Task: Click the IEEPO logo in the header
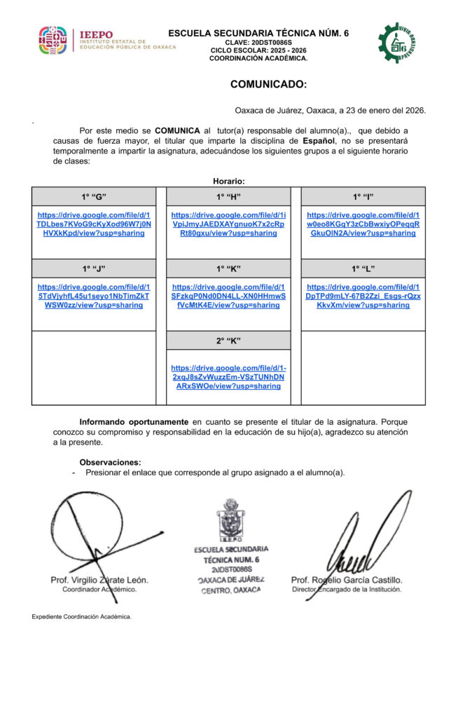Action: [105, 41]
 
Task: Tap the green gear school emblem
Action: [396, 42]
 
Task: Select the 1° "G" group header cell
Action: [93, 196]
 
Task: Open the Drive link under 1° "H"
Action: [228, 224]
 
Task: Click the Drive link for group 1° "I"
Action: [363, 224]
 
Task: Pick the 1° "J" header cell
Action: [93, 268]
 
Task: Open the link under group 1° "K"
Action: [228, 296]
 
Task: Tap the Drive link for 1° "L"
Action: [363, 296]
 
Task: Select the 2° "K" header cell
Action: [228, 341]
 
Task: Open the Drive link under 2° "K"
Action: [228, 377]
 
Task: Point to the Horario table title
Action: [228, 181]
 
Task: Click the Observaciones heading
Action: [110, 462]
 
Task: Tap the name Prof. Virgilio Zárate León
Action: [99, 581]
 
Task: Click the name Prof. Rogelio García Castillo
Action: [347, 581]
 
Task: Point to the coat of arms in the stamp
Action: [230, 520]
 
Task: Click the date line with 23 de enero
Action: [330, 110]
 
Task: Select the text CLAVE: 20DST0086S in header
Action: [258, 43]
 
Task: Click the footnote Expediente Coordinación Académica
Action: [81, 617]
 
